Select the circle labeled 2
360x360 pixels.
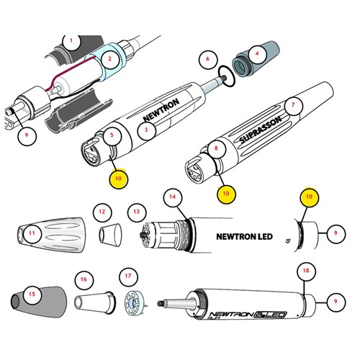coord(109,58)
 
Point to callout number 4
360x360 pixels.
coord(256,53)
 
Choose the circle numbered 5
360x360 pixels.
coord(112,134)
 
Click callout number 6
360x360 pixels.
coord(208,58)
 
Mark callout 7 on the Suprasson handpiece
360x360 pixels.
coord(292,104)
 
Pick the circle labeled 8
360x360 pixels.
coord(215,150)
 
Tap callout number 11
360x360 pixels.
coord(32,235)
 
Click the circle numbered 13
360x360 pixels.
coord(137,212)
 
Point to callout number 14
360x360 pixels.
coord(171,197)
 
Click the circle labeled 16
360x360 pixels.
coord(85,278)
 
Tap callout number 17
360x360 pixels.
coord(129,276)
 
